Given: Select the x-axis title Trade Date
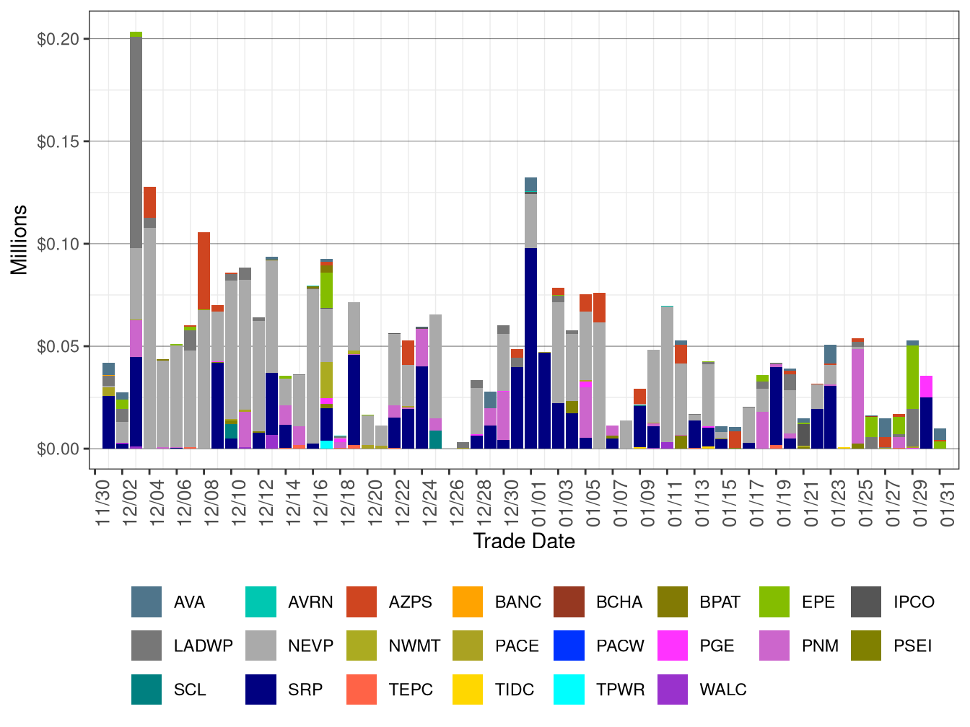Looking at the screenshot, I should point(524,541).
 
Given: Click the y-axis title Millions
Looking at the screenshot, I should point(19,240).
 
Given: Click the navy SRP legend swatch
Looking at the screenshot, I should point(261,689).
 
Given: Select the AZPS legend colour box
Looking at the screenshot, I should point(362,602).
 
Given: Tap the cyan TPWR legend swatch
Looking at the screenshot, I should point(569,689).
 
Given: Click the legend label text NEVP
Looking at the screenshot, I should point(310,646).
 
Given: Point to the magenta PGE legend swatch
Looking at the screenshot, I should point(673,646).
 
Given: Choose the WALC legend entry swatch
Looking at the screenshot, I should point(673,689).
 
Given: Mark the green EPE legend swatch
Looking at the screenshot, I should point(774,602).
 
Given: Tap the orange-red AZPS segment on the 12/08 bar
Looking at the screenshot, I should point(204,270).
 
